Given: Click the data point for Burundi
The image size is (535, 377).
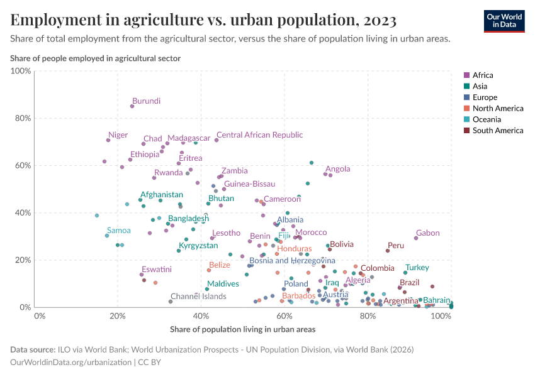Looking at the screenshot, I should [132, 106].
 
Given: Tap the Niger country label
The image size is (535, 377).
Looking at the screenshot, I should [118, 135].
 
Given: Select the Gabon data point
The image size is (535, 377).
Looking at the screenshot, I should [416, 238].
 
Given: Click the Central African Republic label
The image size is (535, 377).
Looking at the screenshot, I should [259, 135].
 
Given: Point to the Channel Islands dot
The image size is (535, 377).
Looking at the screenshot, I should [171, 302].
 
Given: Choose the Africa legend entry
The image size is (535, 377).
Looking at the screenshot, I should [483, 75].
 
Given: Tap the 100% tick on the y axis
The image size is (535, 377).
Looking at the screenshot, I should [21, 71].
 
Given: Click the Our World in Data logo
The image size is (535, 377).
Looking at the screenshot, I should [504, 21].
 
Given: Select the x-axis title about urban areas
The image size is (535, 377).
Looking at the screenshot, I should [243, 329].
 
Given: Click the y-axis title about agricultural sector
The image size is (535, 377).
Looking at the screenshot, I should [96, 58].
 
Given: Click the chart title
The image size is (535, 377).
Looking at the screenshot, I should [203, 21].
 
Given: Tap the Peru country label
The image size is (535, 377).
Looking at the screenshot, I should [396, 246].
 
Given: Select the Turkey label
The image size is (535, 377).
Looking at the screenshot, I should [417, 268].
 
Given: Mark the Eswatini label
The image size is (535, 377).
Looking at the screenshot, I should [156, 269].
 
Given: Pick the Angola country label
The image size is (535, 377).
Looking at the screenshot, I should [337, 169].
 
